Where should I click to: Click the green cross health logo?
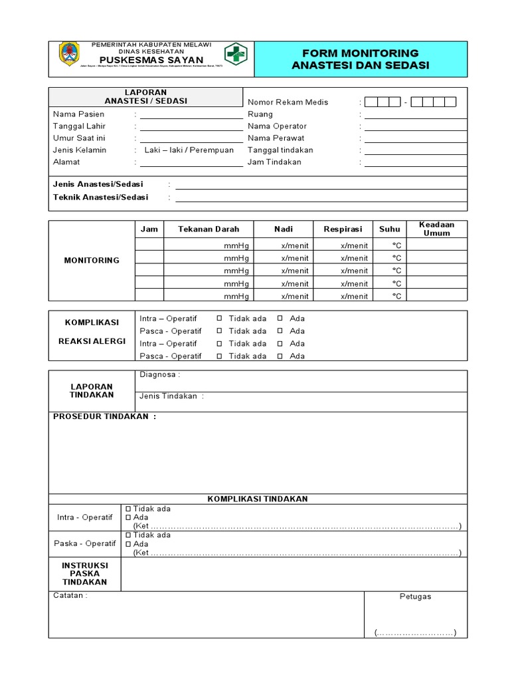click(234, 54)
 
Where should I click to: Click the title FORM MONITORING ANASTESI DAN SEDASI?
click(360, 59)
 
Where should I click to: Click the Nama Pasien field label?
click(78, 114)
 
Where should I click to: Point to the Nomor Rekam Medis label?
click(288, 102)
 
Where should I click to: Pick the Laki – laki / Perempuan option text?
click(189, 150)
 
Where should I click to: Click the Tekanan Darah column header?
click(208, 229)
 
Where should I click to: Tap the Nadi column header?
click(284, 229)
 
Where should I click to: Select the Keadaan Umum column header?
click(437, 229)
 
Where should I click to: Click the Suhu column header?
click(390, 229)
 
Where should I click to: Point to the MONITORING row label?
click(92, 260)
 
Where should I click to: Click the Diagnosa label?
click(159, 374)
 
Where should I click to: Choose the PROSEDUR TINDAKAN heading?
click(104, 417)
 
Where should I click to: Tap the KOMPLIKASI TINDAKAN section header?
click(258, 499)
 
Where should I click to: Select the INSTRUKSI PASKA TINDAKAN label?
click(85, 574)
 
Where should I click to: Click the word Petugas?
click(415, 597)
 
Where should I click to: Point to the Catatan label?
click(70, 595)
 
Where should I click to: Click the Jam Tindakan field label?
click(274, 162)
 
